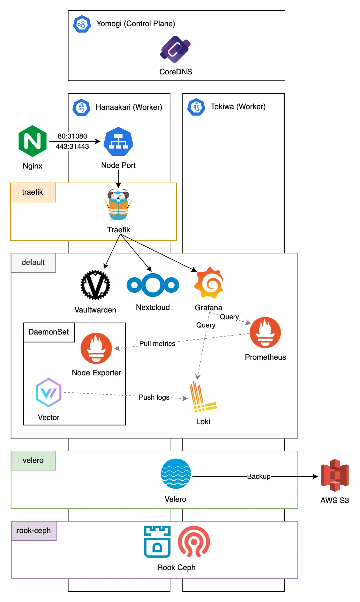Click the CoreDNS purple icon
[175, 49]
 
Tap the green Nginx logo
[33, 141]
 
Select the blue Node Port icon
[118, 141]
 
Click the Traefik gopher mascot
[118, 205]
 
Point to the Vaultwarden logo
[95, 285]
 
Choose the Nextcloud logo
[153, 285]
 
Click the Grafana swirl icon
[209, 282]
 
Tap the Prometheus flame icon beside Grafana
[265, 332]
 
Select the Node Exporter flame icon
[96, 348]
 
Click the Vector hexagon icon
[49, 393]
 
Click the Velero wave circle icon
[176, 474]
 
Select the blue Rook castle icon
[157, 541]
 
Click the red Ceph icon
[194, 541]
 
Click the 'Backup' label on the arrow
[259, 476]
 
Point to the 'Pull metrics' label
[157, 343]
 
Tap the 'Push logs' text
[154, 397]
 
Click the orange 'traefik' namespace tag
[33, 192]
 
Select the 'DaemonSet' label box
[49, 332]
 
